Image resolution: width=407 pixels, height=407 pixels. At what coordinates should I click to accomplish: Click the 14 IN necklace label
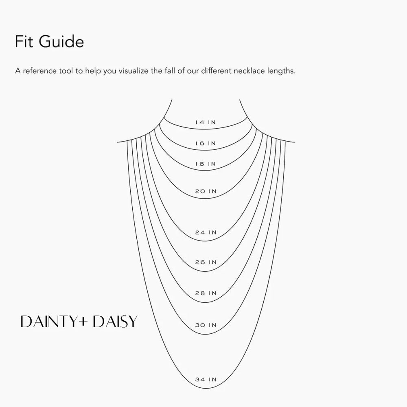[x=205, y=122]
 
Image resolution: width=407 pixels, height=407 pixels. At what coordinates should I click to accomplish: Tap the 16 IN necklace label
[x=205, y=143]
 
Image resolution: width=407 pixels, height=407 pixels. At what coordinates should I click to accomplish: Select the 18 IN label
[x=205, y=164]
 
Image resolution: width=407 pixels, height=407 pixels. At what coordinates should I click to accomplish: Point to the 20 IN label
[x=206, y=191]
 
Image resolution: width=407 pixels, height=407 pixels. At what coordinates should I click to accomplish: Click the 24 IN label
[x=206, y=232]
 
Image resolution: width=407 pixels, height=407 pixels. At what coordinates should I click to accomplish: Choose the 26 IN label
[x=206, y=262]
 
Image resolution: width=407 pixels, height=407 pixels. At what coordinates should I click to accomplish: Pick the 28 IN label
[x=206, y=293]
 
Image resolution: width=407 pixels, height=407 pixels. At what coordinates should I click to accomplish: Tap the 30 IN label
[x=206, y=325]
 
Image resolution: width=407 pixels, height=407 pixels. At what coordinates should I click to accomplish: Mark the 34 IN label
[x=206, y=379]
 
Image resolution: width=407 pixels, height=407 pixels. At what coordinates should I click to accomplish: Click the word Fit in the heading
[x=24, y=42]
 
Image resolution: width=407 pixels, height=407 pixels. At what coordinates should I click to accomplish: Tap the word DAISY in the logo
[x=115, y=322]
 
